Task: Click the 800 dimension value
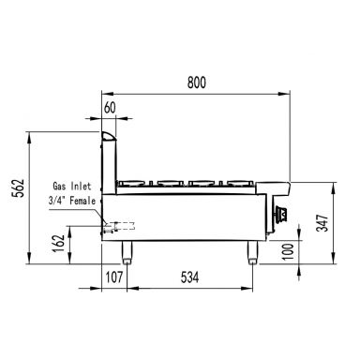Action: [x=197, y=82]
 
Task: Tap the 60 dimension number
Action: [x=110, y=108]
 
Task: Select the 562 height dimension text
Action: [x=18, y=187]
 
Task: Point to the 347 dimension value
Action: [x=322, y=223]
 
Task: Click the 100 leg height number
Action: [x=288, y=252]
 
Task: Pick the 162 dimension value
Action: [x=58, y=243]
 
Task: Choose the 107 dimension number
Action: [x=113, y=277]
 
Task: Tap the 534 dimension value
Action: [x=189, y=277]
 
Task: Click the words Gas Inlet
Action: [x=72, y=187]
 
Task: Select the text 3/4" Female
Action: [x=72, y=201]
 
